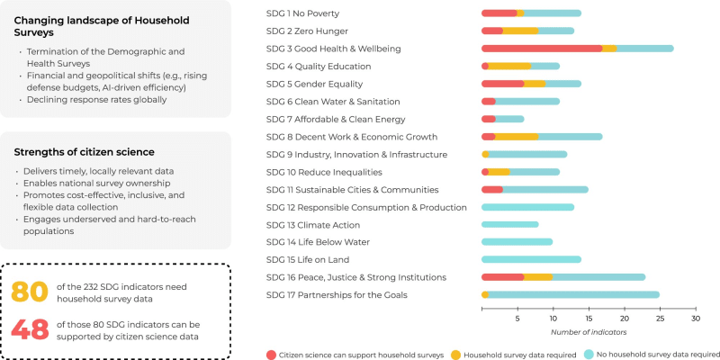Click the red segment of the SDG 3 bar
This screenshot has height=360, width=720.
542,49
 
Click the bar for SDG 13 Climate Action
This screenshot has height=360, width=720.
510,225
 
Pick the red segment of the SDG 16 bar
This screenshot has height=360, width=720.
502,277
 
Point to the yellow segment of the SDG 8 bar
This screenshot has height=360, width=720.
517,137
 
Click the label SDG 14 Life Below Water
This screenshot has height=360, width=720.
319,242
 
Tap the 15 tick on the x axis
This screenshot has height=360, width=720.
589,319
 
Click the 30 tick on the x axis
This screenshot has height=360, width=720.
695,319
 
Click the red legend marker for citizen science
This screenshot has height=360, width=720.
272,355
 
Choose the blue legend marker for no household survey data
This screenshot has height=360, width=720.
589,355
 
